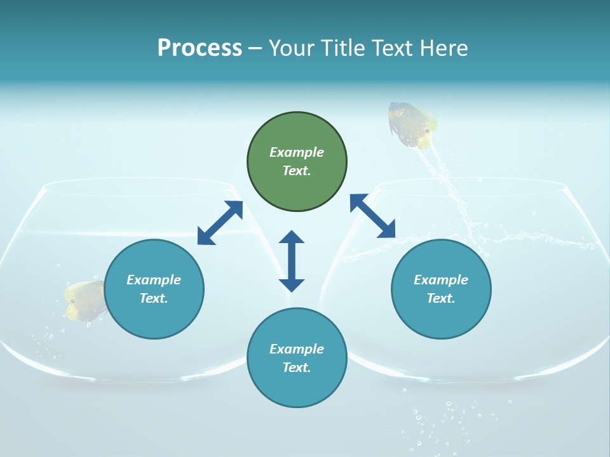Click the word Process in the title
coord(200,48)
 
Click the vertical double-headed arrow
coord(292,261)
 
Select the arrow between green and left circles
coord(220,222)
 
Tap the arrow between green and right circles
coord(372,216)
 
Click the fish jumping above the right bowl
coord(412,124)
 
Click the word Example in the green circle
coord(297,152)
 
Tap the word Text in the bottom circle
coord(294,368)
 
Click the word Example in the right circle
coord(441,280)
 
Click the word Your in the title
coord(290,48)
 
